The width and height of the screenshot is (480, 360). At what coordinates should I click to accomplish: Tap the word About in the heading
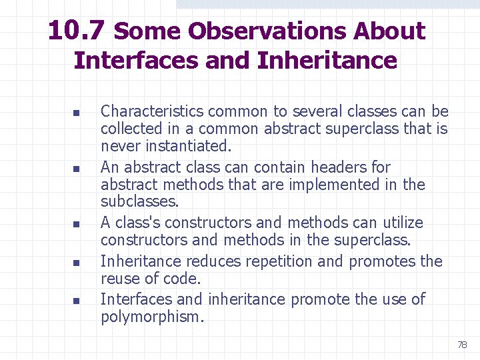coord(389,31)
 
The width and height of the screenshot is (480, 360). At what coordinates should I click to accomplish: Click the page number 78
coord(462,345)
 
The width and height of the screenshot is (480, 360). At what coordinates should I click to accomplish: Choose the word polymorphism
coord(152,317)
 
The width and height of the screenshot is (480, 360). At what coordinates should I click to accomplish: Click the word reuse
coord(121,279)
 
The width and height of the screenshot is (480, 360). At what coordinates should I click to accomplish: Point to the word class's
coord(136,223)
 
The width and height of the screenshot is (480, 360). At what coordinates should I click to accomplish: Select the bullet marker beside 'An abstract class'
coord(76,168)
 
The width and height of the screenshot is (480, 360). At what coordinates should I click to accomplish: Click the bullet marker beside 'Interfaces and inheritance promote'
coord(76,301)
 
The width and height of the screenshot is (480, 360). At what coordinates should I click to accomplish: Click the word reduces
coord(209,261)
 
